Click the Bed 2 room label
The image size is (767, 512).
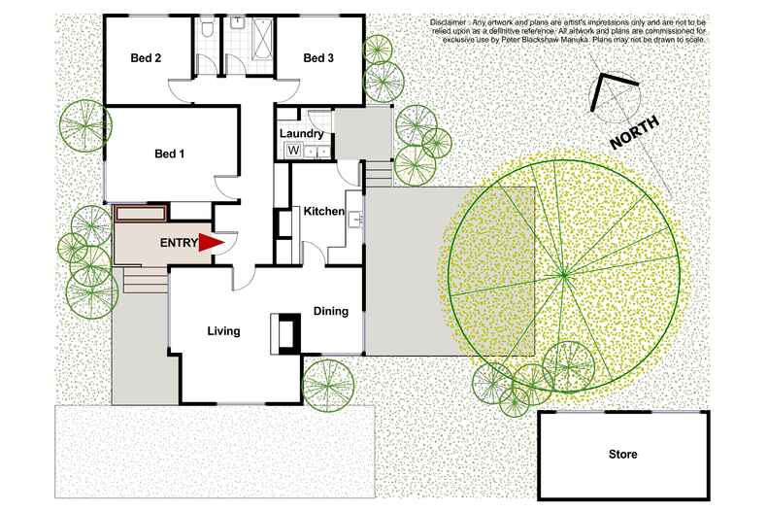point(146,58)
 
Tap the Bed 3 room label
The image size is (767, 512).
point(318,58)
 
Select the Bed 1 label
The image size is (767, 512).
point(170,153)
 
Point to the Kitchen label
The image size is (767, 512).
point(324,211)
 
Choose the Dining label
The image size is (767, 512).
point(332,311)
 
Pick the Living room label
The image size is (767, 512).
point(223,331)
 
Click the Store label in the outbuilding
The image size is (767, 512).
point(623,454)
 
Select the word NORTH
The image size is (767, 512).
point(636,132)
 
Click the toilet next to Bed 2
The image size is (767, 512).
point(206,32)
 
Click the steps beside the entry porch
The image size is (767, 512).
point(143,281)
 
